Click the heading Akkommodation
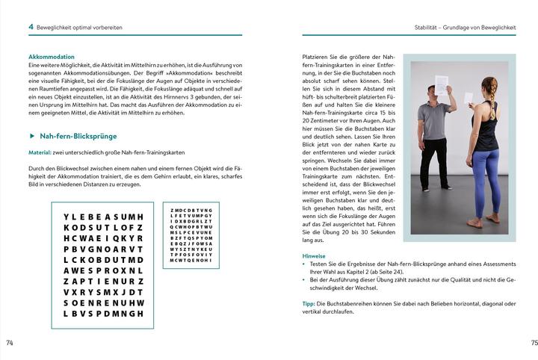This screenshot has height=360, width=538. [x=51, y=57]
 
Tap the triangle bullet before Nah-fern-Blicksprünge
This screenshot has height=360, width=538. [x=31, y=136]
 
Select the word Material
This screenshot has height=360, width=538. [x=41, y=154]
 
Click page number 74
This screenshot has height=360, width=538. [x=10, y=343]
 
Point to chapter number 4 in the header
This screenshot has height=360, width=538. [x=31, y=27]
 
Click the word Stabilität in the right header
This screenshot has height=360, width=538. [x=429, y=27]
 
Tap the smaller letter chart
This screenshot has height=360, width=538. [x=191, y=235]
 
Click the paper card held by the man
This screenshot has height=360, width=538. [x=442, y=84]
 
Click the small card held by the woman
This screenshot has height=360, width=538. [x=469, y=97]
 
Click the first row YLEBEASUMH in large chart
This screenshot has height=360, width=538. [x=104, y=217]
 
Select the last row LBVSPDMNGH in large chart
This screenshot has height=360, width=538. [x=104, y=314]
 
